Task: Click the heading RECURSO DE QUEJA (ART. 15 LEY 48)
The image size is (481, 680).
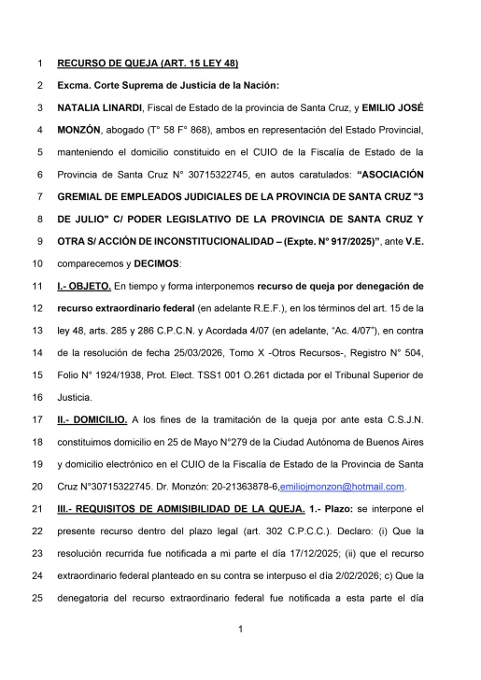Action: point(148,64)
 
